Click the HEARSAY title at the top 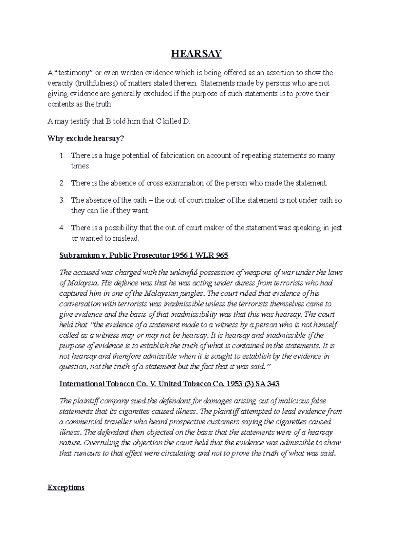[196, 54]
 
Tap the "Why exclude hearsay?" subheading [86, 139]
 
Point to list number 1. [62, 156]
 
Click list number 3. [62, 200]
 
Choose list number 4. [62, 228]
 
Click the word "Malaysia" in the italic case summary [82, 283]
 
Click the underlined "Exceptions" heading [66, 488]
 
